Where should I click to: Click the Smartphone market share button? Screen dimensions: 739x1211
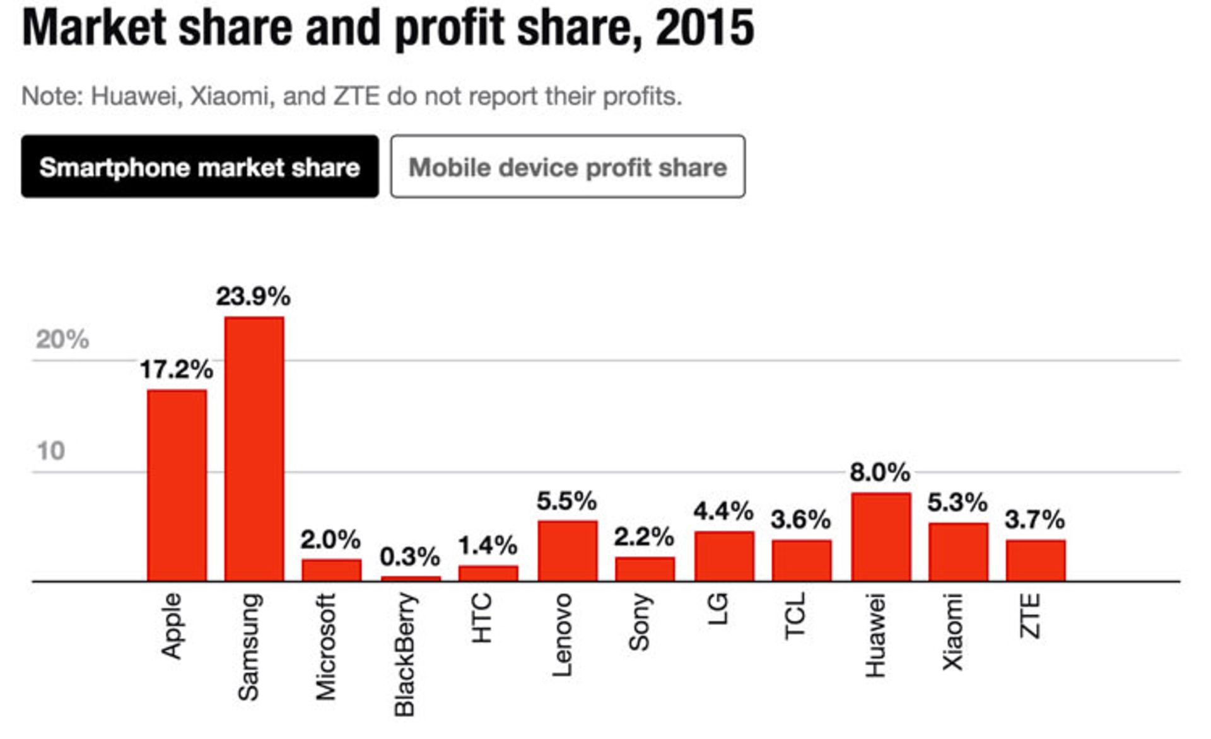pos(199,166)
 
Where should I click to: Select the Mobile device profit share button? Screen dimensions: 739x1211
pos(567,166)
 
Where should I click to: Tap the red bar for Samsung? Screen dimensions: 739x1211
pos(254,448)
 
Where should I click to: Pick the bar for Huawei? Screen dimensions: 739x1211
pos(880,536)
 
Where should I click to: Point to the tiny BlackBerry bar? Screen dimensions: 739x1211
pos(411,578)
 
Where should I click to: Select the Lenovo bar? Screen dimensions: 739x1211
pos(567,550)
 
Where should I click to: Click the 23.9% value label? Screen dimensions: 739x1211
pos(253,296)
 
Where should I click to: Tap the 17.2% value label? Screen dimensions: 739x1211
pos(176,369)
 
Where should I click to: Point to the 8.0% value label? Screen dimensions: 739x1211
pos(880,472)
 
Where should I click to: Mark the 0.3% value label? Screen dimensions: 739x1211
pos(410,556)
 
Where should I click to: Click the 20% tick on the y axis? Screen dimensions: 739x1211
pos(62,339)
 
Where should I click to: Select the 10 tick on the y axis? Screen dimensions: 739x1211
pos(50,451)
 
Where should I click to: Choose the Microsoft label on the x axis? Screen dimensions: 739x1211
pos(326,647)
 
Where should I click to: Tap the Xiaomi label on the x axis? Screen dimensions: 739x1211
pos(952,632)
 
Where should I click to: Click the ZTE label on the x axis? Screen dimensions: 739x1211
pos(1030,616)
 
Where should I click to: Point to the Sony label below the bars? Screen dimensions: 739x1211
pos(640,622)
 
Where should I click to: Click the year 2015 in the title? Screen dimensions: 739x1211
pos(705,28)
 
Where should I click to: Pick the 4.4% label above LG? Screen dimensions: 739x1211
pos(723,511)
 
